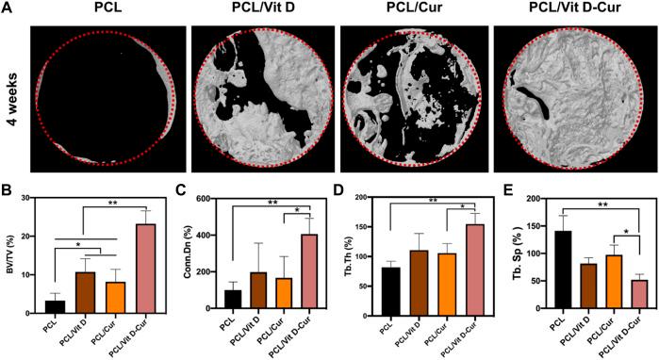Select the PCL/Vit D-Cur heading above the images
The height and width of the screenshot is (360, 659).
tap(569, 8)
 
